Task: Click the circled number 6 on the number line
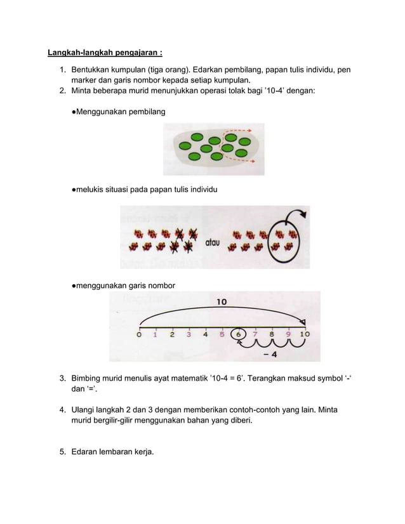pyautogui.click(x=239, y=334)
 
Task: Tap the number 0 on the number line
pyautogui.click(x=139, y=335)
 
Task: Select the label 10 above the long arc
pyautogui.click(x=222, y=303)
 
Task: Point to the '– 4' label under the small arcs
pyautogui.click(x=269, y=355)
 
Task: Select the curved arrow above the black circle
pyautogui.click(x=295, y=218)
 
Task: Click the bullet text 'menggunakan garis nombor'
pyautogui.click(x=123, y=286)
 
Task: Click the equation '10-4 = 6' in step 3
pyautogui.click(x=230, y=379)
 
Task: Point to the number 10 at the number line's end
pyautogui.click(x=305, y=334)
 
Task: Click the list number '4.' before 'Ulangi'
pyautogui.click(x=63, y=410)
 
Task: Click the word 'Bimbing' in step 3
pyautogui.click(x=87, y=379)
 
